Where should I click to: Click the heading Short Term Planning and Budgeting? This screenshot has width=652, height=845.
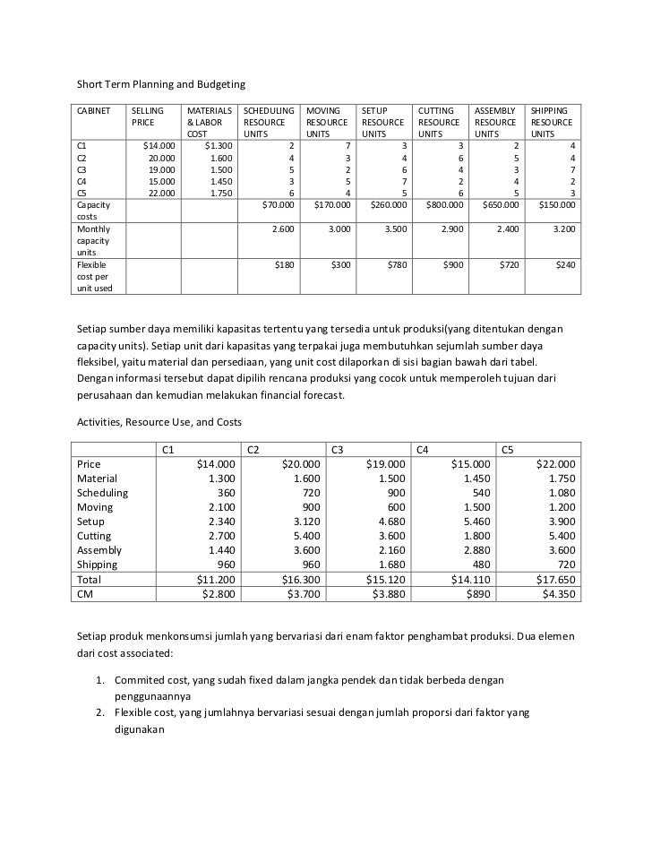pyautogui.click(x=160, y=84)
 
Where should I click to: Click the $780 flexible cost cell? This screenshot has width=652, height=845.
pyautogui.click(x=392, y=265)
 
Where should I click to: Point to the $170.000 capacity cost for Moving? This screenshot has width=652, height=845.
pyautogui.click(x=328, y=205)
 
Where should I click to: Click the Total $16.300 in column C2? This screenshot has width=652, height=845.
pyautogui.click(x=300, y=580)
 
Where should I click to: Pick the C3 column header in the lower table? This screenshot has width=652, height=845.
pyautogui.click(x=339, y=449)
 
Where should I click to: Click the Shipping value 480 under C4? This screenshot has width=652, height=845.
pyautogui.click(x=480, y=565)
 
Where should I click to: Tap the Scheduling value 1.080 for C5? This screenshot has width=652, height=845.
pyautogui.click(x=562, y=493)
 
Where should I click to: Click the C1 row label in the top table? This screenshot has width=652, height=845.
pyautogui.click(x=83, y=144)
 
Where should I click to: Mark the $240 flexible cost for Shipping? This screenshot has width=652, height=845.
pyautogui.click(x=565, y=265)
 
